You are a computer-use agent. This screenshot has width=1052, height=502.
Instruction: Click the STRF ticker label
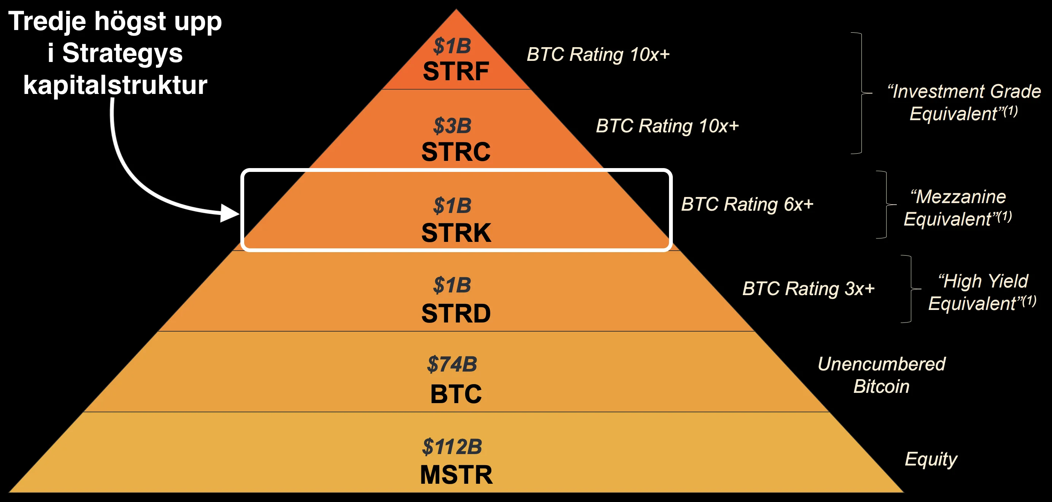click(x=456, y=71)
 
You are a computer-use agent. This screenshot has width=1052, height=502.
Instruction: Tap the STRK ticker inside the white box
click(x=456, y=233)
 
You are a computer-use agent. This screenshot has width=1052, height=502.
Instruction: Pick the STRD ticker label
click(x=456, y=314)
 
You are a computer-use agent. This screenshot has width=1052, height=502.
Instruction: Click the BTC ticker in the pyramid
click(x=456, y=394)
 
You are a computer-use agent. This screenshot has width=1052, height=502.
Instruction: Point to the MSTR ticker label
click(x=456, y=475)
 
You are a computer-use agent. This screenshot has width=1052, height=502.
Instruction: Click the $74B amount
click(x=452, y=364)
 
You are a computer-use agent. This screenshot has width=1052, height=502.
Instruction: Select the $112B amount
click(x=452, y=446)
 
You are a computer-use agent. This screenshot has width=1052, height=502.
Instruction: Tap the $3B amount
click(x=452, y=125)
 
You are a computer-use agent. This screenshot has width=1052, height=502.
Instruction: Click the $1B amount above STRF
click(x=452, y=46)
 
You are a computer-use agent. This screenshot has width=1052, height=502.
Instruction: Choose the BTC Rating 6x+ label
click(x=747, y=204)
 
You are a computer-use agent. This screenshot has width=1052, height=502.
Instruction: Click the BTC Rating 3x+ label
click(x=808, y=288)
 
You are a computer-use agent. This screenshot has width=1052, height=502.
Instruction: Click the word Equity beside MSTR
click(x=931, y=459)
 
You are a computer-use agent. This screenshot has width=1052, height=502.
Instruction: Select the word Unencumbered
click(x=881, y=364)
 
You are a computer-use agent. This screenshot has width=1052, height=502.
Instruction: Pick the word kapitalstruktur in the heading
click(x=115, y=85)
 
